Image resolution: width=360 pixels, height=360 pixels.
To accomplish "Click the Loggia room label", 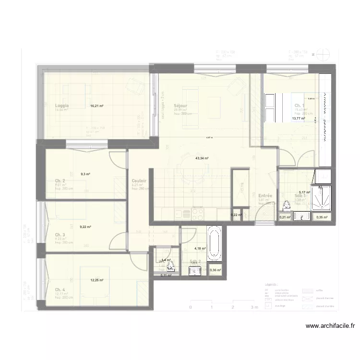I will point(62,106).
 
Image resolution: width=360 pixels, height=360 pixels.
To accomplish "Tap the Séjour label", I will point(180,106).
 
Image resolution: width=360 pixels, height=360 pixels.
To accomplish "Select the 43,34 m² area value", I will point(202,158).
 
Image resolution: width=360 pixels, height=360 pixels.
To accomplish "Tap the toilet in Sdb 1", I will point(287,205).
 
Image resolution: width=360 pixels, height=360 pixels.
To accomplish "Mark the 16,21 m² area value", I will point(97,106).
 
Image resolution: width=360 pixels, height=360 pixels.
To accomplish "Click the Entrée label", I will point(265,196).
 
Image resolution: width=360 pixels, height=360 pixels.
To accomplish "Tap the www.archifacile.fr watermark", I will point(331,325).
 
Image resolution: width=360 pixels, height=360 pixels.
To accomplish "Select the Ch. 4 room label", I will point(60,289).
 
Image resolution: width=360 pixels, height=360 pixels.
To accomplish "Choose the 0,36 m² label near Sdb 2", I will point(216,271).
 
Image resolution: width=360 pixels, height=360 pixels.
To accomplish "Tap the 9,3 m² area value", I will point(86,174).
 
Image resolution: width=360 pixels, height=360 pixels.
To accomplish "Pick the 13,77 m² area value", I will point(299,118).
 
